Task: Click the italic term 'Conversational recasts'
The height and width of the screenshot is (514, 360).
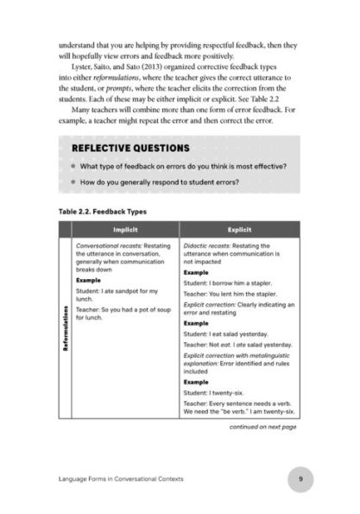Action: [109, 246]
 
